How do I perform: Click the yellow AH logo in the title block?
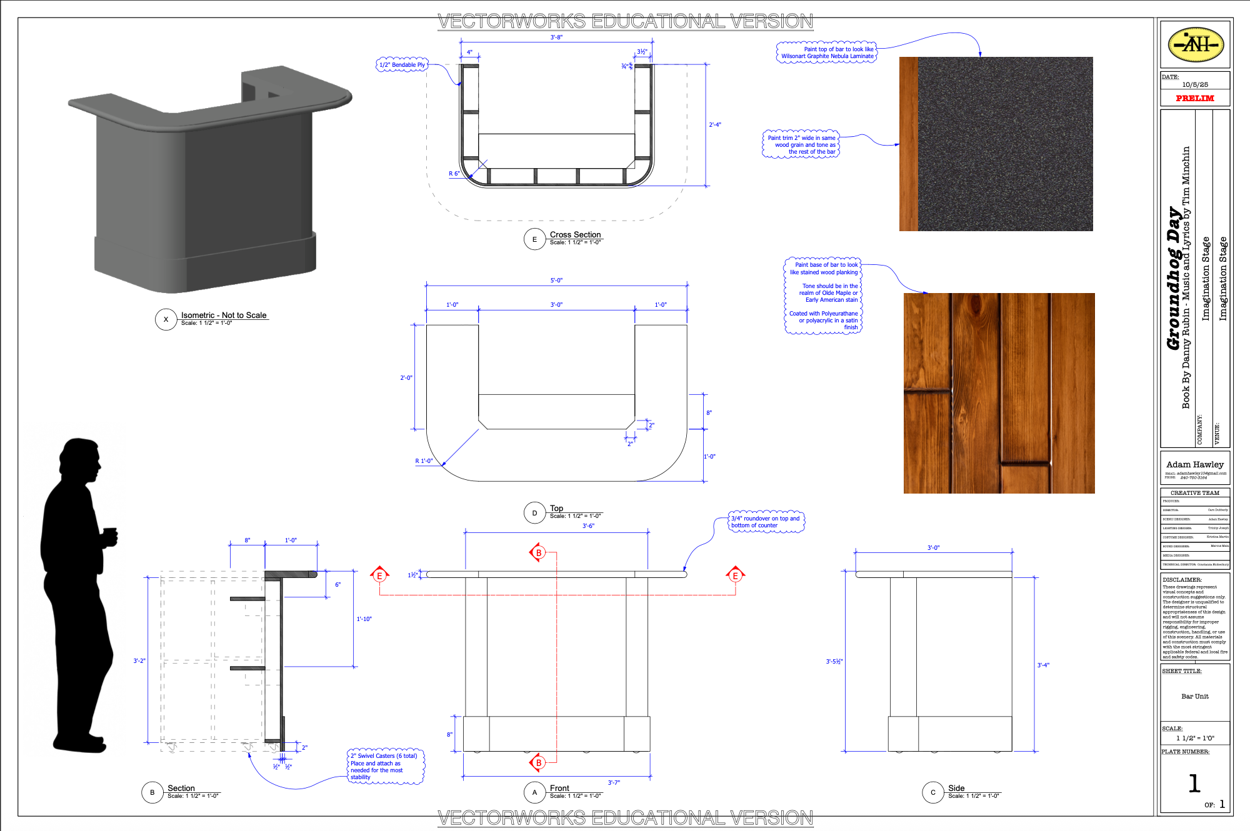(1195, 44)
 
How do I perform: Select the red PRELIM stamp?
(1194, 98)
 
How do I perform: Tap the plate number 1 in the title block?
(1194, 784)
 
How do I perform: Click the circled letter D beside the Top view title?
(534, 513)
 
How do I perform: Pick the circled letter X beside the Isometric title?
(166, 319)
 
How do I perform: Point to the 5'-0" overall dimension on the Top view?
(556, 281)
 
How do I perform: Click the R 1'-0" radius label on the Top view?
(424, 461)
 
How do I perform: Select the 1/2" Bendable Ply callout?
(402, 65)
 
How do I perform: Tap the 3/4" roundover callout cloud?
(766, 522)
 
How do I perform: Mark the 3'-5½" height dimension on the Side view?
(834, 661)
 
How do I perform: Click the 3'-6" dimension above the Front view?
(588, 526)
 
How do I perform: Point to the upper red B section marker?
(538, 553)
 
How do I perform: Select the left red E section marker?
(379, 575)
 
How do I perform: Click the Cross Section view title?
(575, 235)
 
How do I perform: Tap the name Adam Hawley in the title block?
(1194, 464)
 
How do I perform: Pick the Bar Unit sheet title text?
(1194, 696)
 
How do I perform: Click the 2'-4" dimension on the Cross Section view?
(715, 125)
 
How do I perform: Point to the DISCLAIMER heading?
(1182, 580)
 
